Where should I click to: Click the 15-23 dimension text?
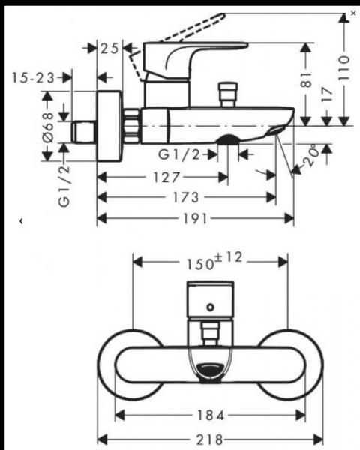click(x=36, y=77)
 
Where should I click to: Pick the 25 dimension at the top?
click(x=111, y=49)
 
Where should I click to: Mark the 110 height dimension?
click(x=344, y=59)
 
